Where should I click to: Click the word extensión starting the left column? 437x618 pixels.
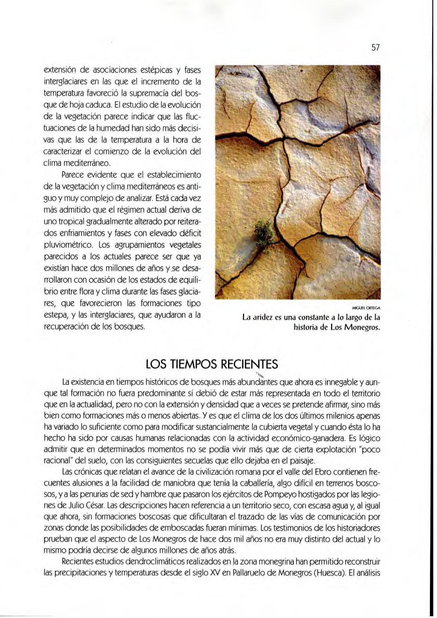tap(61, 71)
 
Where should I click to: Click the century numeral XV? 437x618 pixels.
tap(202, 573)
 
